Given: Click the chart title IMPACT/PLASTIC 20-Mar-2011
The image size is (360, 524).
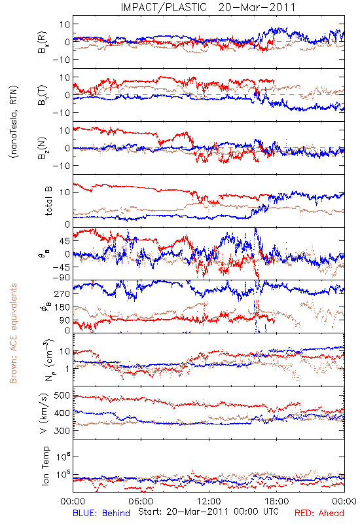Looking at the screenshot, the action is (x=208, y=7).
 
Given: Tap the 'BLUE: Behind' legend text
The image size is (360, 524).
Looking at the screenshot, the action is (x=101, y=513).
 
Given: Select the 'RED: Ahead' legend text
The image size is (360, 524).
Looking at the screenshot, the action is (x=319, y=513).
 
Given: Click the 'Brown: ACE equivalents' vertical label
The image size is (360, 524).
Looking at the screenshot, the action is (x=13, y=333).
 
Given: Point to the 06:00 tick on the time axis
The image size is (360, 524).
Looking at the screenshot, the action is (x=141, y=501).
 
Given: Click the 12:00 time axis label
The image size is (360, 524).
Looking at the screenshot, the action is (x=209, y=501).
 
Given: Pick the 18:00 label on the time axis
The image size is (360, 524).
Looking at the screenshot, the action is (x=277, y=501).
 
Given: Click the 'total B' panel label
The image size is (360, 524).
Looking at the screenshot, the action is (x=48, y=201).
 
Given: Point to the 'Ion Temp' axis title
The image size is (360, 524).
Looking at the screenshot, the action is (x=46, y=466).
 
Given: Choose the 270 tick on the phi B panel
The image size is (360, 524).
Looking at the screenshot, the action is (x=62, y=293).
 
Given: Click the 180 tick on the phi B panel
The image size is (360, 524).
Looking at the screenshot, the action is (x=62, y=307).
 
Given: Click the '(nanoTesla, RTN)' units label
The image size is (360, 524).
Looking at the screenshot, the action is (x=14, y=121).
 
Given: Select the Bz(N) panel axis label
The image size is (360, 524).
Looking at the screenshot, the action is (x=43, y=148).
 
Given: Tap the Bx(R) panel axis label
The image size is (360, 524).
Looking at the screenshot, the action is (x=43, y=42).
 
